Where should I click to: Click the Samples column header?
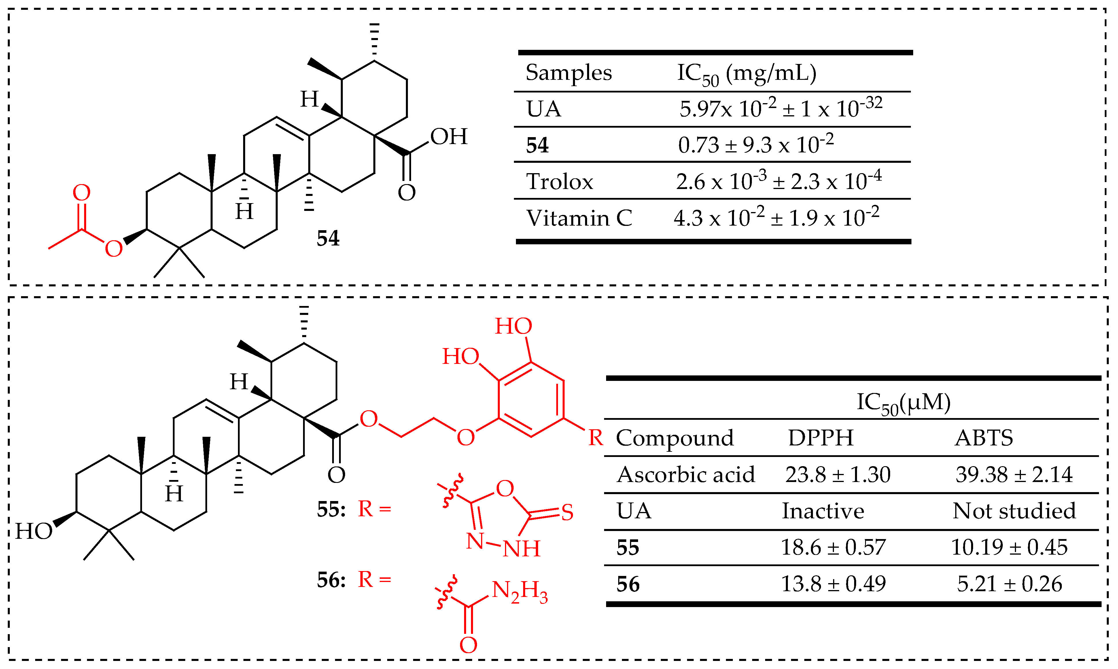pos(568,73)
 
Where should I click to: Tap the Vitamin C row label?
pos(579,218)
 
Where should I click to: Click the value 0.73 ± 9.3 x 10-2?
pos(755,145)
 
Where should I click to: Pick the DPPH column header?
pos(821,438)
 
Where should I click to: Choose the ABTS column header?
pos(984,438)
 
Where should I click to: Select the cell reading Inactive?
pos(822,511)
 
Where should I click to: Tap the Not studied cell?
pos(1014,511)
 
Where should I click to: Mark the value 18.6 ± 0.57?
pos(833,547)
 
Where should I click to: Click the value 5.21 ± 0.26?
pos(1009,584)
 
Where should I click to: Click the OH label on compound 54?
pos(449,137)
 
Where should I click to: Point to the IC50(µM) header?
pos(903,402)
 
